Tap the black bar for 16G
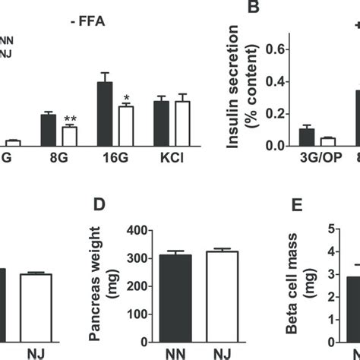tap(104, 114)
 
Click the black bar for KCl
tap(160, 124)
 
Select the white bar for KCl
tap(181, 124)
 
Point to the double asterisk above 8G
tap(70, 119)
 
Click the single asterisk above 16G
tap(126, 98)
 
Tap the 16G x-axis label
tap(114, 162)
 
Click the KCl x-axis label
tap(171, 162)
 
